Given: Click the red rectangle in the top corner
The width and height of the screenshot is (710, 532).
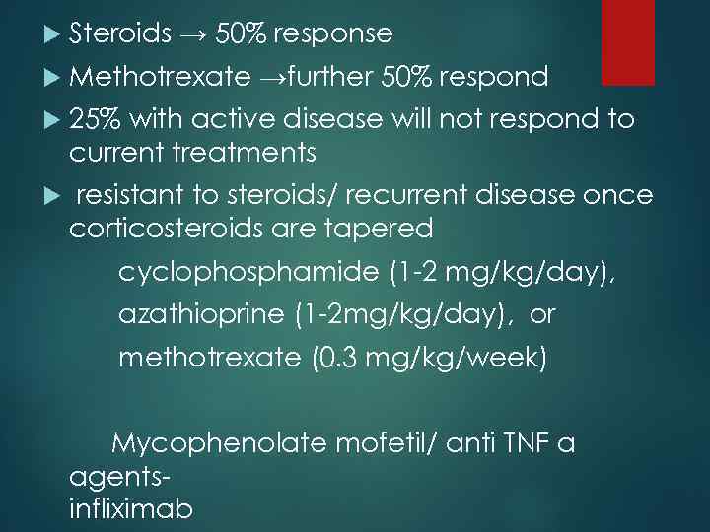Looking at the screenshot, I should (x=628, y=41).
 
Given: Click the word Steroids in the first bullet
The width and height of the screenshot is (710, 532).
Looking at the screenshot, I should (x=120, y=34).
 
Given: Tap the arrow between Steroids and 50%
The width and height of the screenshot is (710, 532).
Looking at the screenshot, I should (x=193, y=35).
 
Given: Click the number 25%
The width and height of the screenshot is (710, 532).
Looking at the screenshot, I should (x=95, y=120).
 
